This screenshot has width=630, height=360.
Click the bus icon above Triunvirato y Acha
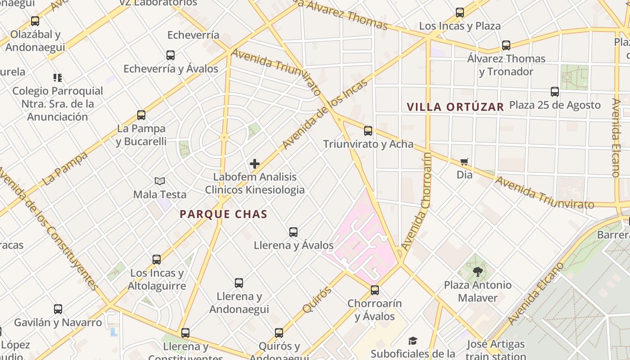(x=368, y=131)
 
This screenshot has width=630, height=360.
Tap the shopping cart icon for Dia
(x=464, y=162)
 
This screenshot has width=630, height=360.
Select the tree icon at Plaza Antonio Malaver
(x=477, y=272)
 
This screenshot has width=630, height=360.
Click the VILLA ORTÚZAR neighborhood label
(x=455, y=107)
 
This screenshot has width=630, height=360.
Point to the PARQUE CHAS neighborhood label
(x=224, y=214)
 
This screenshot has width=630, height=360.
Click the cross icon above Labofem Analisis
(x=255, y=164)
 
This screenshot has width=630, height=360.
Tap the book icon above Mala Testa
(x=160, y=181)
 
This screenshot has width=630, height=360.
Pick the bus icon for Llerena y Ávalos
(x=293, y=232)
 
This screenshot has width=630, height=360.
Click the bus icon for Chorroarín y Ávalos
(x=375, y=290)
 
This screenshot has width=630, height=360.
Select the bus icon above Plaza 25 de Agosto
(x=555, y=92)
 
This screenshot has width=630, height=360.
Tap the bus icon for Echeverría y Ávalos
(x=171, y=55)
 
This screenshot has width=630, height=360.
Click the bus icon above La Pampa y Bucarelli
(x=141, y=115)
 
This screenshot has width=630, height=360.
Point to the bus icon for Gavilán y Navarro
(x=58, y=309)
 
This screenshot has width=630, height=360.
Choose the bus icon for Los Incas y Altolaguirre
(x=157, y=260)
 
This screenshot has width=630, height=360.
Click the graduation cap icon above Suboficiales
(x=413, y=341)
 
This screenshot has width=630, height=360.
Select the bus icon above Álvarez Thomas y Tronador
(x=506, y=45)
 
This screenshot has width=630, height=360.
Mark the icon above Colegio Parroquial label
(x=57, y=78)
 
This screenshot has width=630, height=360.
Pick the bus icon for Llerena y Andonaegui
(x=239, y=283)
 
